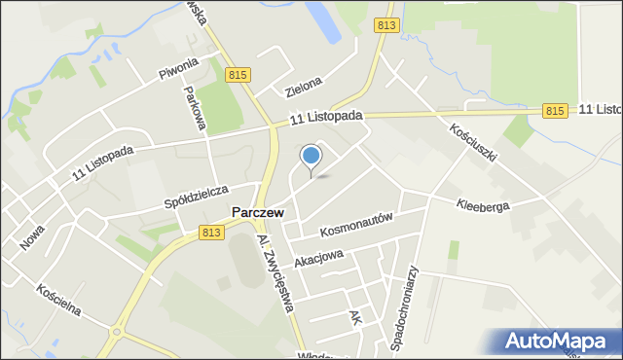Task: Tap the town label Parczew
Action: [258, 211]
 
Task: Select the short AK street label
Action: [356, 318]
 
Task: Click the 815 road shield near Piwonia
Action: [238, 75]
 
